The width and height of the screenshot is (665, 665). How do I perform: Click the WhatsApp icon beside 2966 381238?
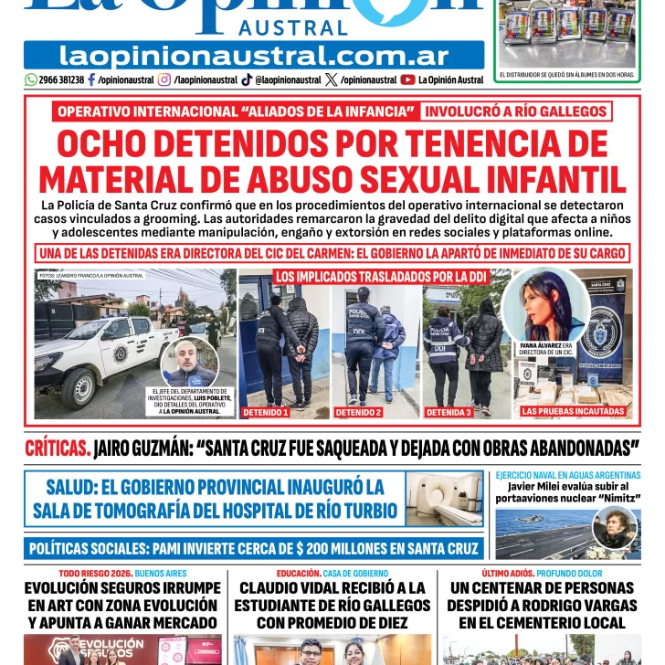pos(31,79)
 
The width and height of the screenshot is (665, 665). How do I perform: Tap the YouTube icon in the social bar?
pos(407,79)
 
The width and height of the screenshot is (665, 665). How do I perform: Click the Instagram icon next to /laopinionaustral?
pos(164,79)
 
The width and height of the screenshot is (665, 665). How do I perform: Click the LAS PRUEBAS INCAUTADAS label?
pos(568,412)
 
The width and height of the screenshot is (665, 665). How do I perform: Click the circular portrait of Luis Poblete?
pos(189,363)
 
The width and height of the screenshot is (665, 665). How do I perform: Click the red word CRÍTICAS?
pos(57,449)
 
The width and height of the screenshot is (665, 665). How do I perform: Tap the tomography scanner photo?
pos(444,499)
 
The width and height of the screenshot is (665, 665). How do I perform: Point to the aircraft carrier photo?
pos(566,533)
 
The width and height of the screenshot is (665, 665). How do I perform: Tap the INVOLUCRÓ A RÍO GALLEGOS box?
pos(515,112)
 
